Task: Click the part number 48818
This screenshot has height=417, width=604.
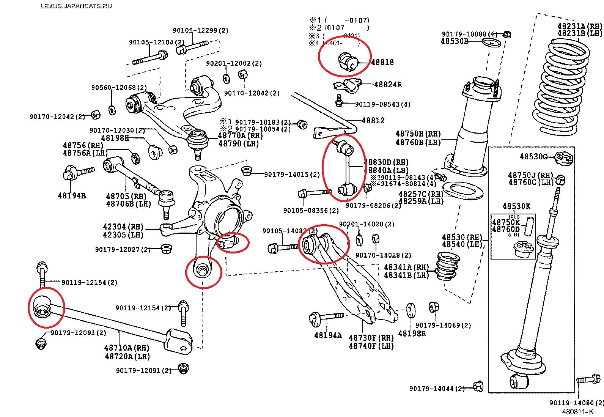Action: [382, 62]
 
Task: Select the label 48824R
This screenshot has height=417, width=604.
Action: [388, 85]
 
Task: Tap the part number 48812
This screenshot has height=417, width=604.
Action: [373, 121]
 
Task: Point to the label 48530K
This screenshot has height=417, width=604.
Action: [516, 206]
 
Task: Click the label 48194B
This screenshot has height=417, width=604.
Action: [71, 196]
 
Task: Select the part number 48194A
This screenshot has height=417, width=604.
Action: [328, 335]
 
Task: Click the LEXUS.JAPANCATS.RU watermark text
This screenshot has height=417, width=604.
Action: [76, 6]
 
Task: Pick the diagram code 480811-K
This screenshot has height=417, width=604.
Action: [577, 412]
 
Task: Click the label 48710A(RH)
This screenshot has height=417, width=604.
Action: [127, 348]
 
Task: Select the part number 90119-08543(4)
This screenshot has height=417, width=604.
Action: [382, 104]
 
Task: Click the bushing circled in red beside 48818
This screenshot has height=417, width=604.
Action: [348, 61]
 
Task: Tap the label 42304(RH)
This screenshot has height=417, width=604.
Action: [123, 227]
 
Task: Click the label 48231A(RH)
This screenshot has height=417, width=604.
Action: [579, 26]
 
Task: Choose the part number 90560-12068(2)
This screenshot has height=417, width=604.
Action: [119, 88]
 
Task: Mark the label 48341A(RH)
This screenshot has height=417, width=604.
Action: [406, 267]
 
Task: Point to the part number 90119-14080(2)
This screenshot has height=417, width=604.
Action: [576, 403]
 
